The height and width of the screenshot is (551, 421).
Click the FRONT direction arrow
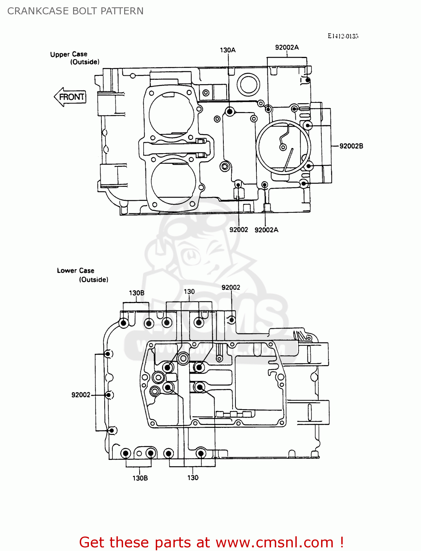[x=70, y=97]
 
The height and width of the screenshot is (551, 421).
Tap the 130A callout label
[x=227, y=50]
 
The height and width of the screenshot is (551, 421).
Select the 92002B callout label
[x=351, y=146]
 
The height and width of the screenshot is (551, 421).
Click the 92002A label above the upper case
[x=287, y=47]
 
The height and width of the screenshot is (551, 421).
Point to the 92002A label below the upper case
[x=266, y=230]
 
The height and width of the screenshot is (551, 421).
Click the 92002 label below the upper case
[x=238, y=230]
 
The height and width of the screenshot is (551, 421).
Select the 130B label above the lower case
[x=136, y=293]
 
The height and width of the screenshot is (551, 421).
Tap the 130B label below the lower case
[x=140, y=478]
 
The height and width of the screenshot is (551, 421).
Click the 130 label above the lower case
[x=189, y=292]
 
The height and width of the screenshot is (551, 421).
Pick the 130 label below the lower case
[x=193, y=478]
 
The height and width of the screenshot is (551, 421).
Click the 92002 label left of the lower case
[x=81, y=395]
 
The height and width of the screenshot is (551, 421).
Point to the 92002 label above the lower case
[x=231, y=288]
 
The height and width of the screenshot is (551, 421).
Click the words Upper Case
[x=69, y=54]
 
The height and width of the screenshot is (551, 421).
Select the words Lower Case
[x=76, y=271]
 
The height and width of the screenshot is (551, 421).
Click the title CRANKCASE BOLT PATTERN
[x=75, y=11]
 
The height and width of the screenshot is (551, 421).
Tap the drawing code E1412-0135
[x=343, y=36]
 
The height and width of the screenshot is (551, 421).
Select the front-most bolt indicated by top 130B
[x=124, y=323]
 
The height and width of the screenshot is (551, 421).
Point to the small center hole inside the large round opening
[x=283, y=147]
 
